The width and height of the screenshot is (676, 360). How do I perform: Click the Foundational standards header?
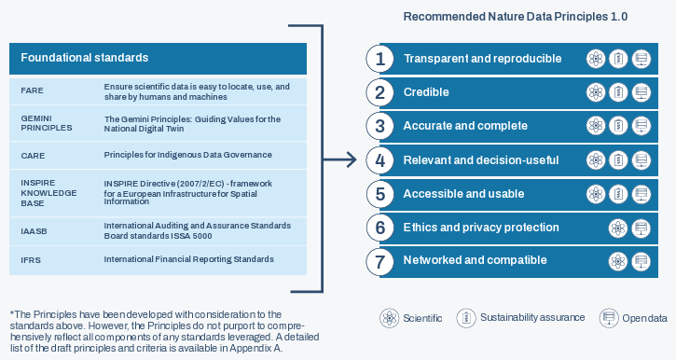(x=85, y=58)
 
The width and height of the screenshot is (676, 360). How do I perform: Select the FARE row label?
(x=32, y=90)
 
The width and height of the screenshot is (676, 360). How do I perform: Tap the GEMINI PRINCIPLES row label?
(x=47, y=123)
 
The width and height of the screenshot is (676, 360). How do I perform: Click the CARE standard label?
(x=33, y=156)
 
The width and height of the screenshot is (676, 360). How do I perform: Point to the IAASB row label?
(x=34, y=231)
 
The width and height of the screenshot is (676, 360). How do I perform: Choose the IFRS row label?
(x=31, y=260)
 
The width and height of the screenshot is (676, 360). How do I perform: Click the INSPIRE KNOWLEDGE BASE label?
(x=48, y=193)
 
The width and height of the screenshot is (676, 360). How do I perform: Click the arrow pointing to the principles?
(x=340, y=160)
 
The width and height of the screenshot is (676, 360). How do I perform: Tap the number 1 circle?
(x=379, y=59)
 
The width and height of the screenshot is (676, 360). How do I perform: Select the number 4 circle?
(x=379, y=160)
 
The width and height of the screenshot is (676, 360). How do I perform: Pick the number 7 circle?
(x=379, y=261)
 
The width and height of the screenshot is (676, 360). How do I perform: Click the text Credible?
(x=426, y=91)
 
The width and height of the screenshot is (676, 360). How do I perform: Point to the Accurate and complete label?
(x=465, y=126)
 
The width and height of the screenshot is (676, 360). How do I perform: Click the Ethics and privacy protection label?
(x=481, y=228)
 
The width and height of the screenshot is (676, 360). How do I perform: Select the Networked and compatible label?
(x=476, y=260)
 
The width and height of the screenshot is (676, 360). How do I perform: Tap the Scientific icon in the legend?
(x=390, y=318)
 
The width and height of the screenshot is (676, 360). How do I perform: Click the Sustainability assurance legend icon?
(x=466, y=318)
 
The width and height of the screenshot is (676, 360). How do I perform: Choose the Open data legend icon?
(x=608, y=318)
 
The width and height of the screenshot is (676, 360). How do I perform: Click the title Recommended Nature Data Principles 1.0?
(x=516, y=17)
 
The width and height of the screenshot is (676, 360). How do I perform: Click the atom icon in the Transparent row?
(x=596, y=59)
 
